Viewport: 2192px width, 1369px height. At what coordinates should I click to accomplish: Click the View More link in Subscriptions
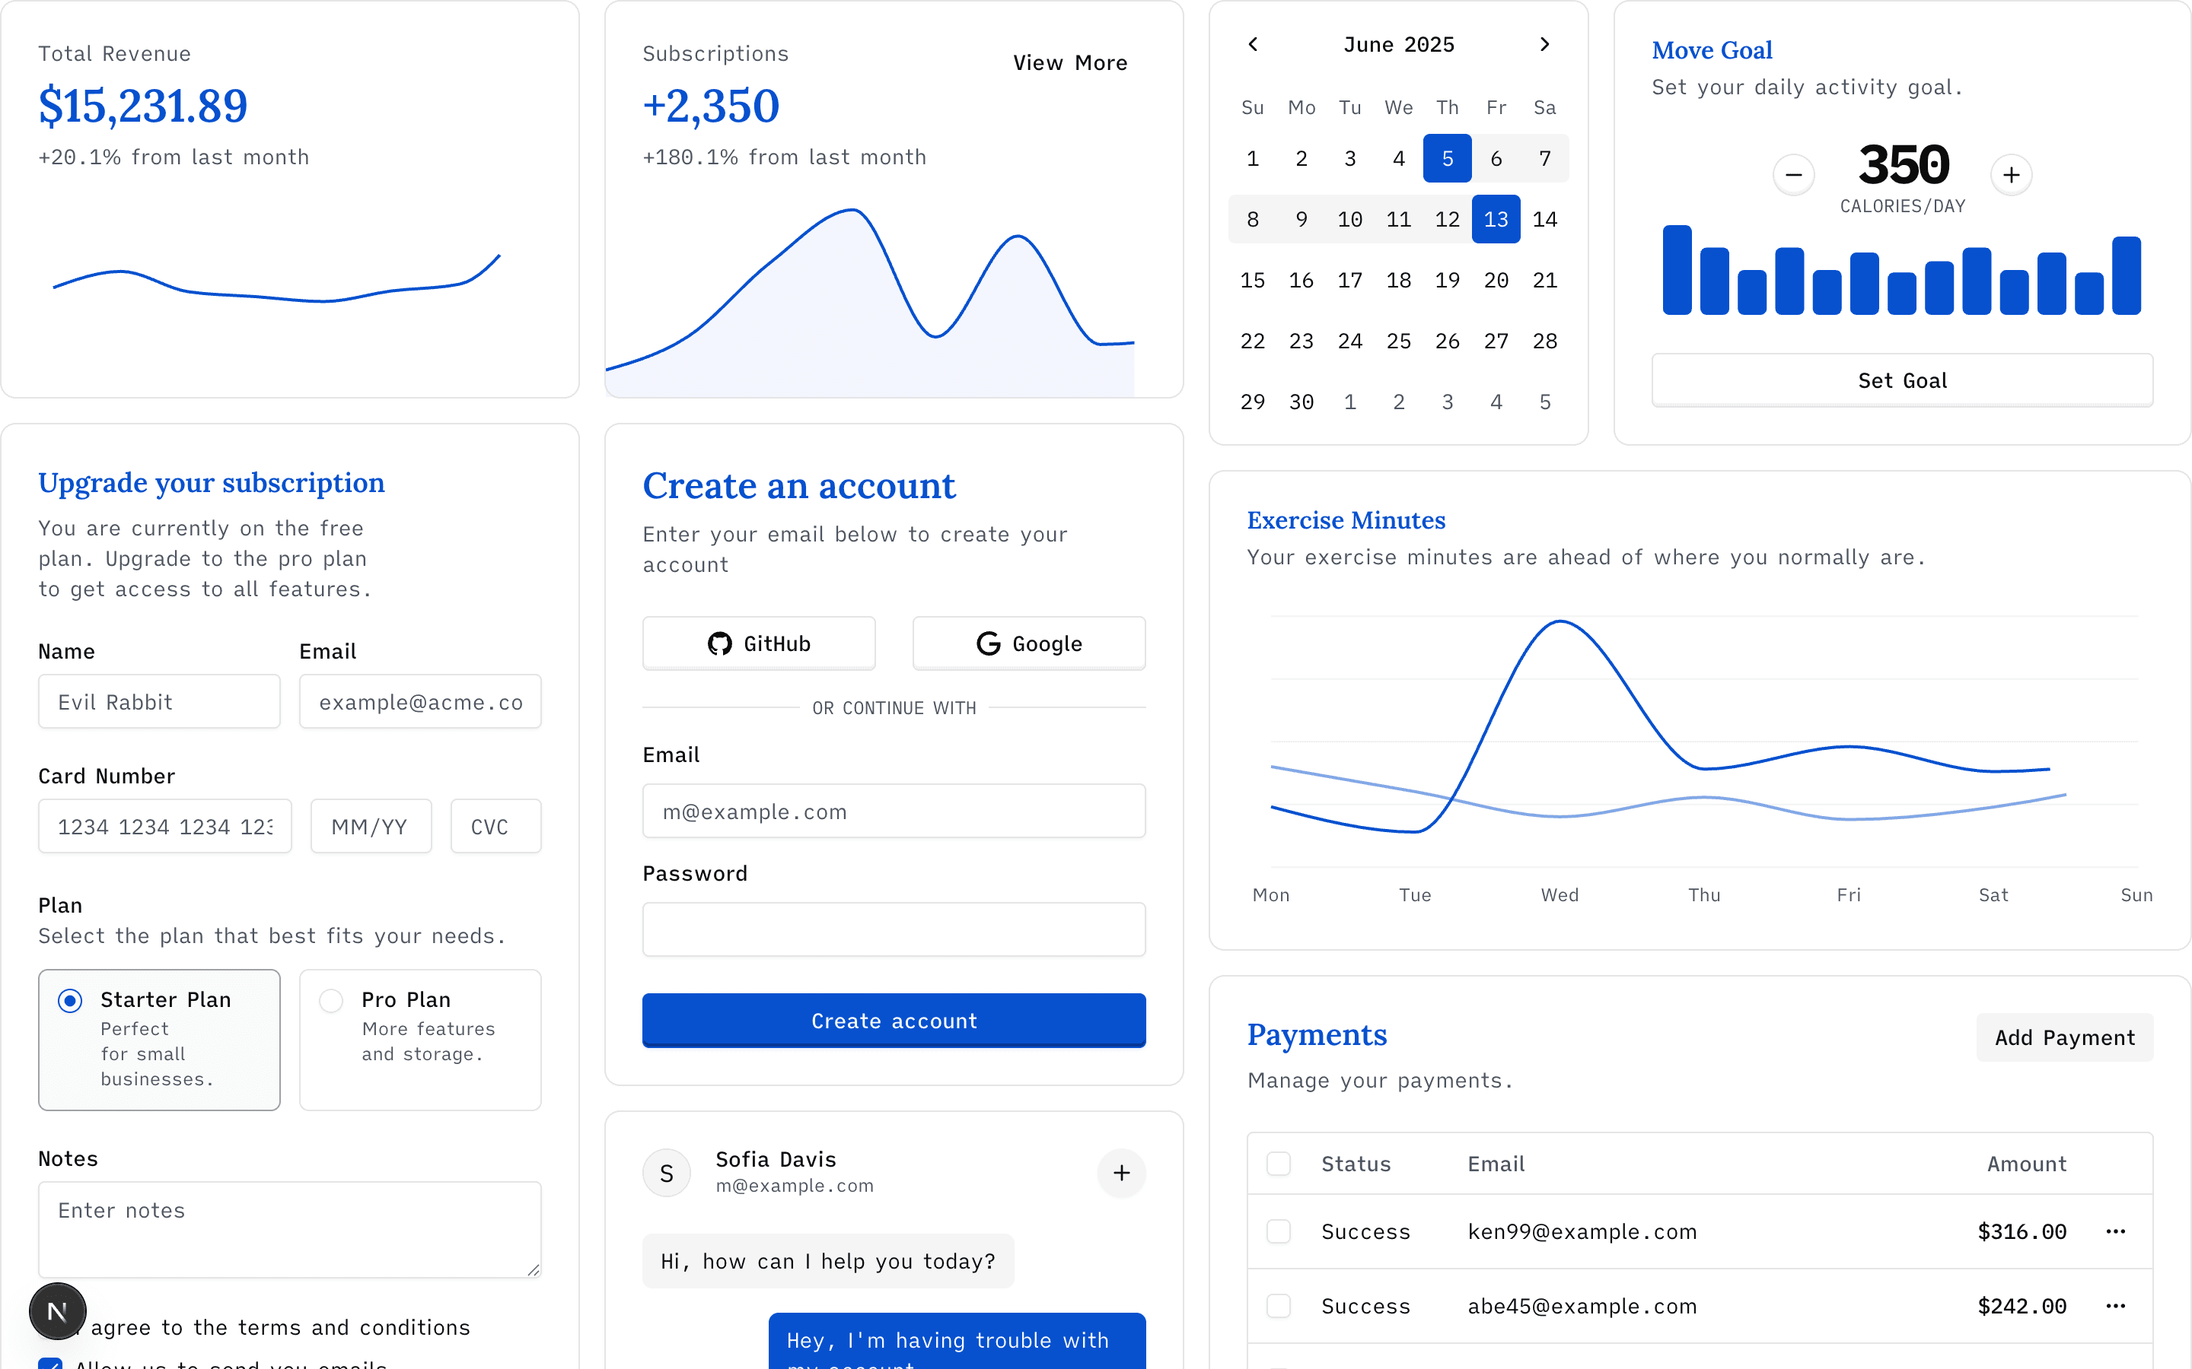(x=1069, y=63)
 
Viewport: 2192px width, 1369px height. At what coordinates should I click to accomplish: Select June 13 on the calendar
(x=1496, y=219)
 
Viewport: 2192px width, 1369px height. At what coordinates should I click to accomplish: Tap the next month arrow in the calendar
(x=1544, y=44)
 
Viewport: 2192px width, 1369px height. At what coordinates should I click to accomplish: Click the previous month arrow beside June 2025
(x=1253, y=44)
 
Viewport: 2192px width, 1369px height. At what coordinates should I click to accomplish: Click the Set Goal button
(x=1901, y=380)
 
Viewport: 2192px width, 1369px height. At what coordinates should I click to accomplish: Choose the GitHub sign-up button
(x=758, y=643)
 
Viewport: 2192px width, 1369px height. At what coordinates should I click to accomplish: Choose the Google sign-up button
(x=1028, y=643)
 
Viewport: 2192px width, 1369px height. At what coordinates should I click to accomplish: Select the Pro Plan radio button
(x=332, y=1000)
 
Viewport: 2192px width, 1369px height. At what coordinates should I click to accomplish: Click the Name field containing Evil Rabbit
(x=158, y=702)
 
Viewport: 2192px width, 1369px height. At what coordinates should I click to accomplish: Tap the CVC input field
(x=495, y=826)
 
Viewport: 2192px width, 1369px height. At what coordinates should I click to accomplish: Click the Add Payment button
(x=2063, y=1037)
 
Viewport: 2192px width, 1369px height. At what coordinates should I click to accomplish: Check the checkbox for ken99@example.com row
(x=1278, y=1231)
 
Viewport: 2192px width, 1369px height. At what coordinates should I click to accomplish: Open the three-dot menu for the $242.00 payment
(x=2115, y=1306)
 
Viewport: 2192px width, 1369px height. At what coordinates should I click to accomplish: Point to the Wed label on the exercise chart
(x=1559, y=894)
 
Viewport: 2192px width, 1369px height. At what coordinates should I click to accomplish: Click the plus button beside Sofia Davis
(x=1120, y=1173)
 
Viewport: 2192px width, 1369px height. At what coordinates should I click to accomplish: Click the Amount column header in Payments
(x=2026, y=1164)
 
